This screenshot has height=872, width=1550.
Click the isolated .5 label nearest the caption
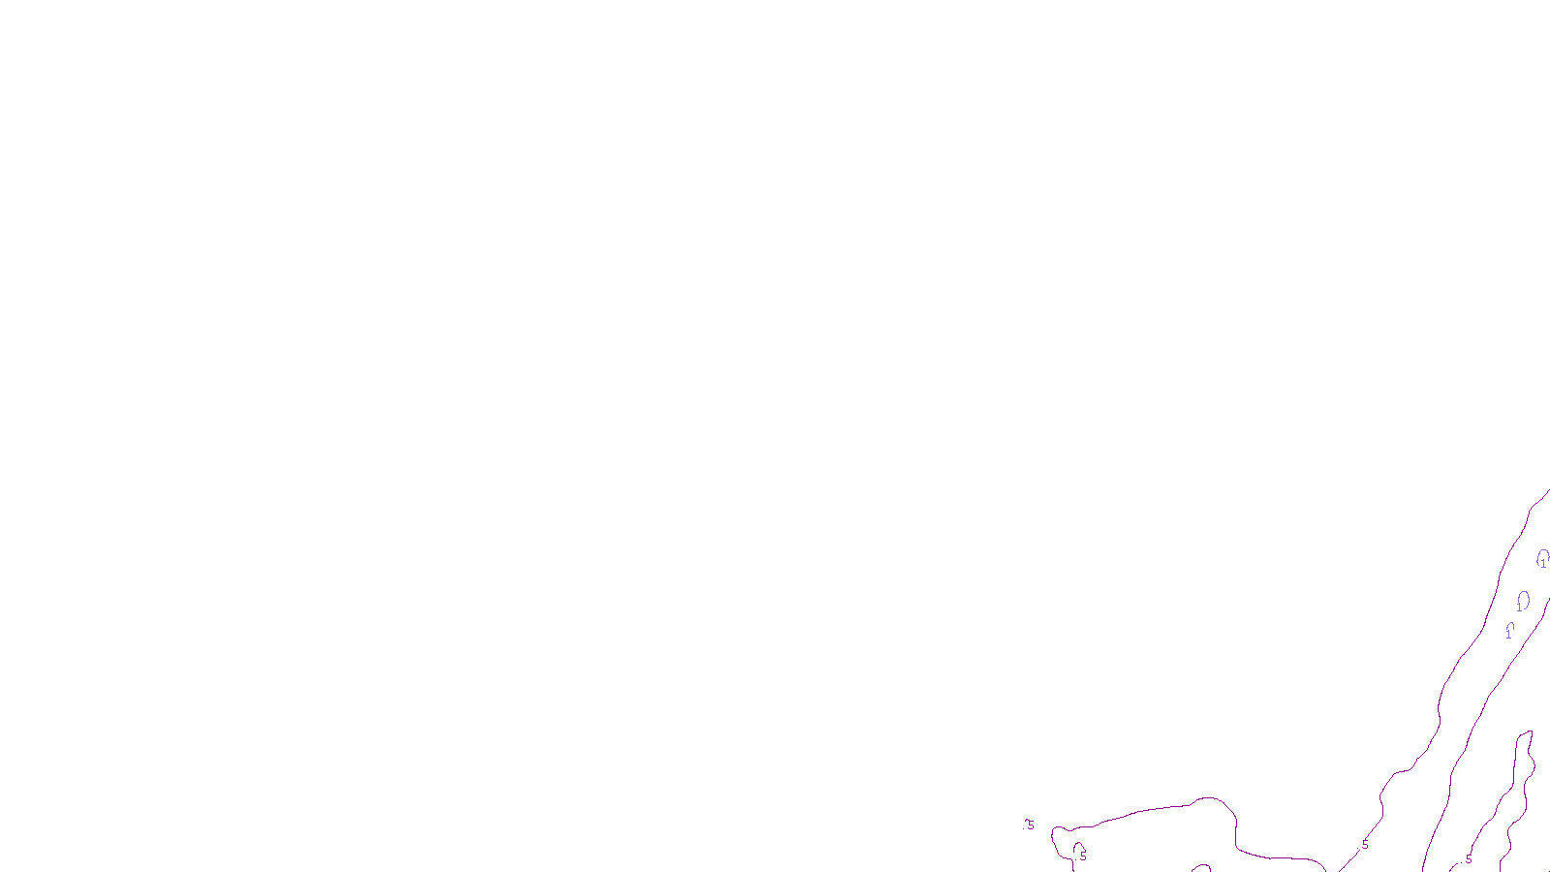[x=1029, y=825]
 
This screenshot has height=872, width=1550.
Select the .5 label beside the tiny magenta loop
[x=1082, y=856]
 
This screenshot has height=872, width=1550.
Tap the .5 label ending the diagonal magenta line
[x=1364, y=845]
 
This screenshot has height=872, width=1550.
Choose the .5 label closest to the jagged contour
[x=1468, y=859]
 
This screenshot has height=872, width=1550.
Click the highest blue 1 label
[x=1543, y=563]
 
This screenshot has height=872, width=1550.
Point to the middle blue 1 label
[x=1518, y=607]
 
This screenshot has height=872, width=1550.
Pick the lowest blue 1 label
[x=1508, y=634]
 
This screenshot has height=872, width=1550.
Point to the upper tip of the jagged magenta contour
[x=1530, y=732]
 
